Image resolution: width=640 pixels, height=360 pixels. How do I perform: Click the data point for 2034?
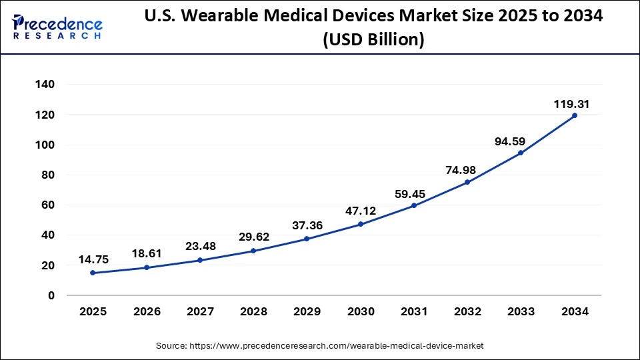point(574,115)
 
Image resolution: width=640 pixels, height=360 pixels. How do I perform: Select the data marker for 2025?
point(92,273)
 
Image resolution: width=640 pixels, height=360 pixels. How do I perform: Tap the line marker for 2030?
point(360,224)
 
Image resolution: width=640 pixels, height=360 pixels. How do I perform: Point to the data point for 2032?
point(467,182)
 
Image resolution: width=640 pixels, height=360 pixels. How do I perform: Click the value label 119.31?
point(571,104)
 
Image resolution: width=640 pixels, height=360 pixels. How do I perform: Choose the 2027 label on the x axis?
point(199,311)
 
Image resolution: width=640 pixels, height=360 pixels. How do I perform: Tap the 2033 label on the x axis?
point(521,311)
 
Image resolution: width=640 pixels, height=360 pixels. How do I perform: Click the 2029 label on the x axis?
point(307,311)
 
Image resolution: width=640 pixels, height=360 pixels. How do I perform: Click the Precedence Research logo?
point(57,27)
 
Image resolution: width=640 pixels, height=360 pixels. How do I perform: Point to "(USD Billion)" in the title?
point(373,40)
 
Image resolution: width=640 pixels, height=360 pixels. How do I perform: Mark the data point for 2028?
point(253,251)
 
